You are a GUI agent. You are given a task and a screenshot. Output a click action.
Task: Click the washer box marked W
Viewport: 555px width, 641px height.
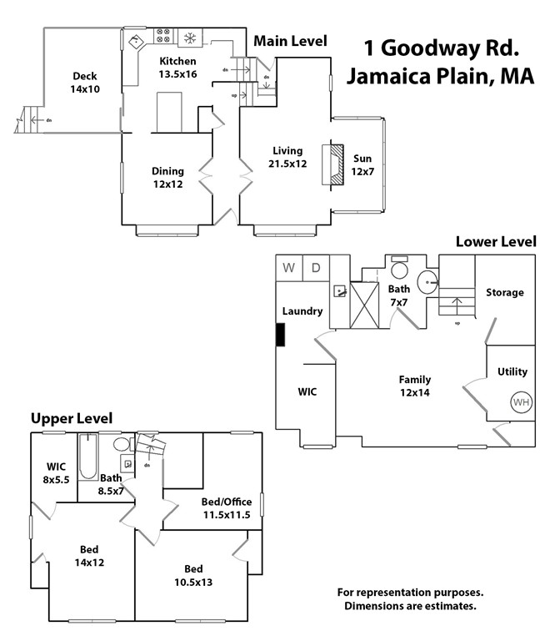coord(289,268)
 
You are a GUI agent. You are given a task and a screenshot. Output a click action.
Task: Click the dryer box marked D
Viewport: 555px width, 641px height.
coord(316,268)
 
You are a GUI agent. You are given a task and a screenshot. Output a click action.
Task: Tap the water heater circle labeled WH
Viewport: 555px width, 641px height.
coord(522,402)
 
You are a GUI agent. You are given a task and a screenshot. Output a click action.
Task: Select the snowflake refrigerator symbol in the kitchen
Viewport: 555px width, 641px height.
coord(190,38)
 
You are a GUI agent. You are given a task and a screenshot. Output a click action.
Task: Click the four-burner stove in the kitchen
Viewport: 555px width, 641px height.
coord(163,36)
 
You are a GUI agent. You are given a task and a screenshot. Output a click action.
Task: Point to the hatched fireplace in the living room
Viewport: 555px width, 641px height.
coord(337,164)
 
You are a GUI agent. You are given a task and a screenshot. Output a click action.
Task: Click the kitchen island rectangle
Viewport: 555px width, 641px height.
coord(169,112)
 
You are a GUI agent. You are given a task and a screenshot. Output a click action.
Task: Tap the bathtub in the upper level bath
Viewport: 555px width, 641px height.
coord(88,457)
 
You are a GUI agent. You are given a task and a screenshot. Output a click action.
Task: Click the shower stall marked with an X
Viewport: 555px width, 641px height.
coord(364,305)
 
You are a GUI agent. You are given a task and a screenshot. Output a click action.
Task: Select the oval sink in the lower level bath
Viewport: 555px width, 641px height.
coord(427,281)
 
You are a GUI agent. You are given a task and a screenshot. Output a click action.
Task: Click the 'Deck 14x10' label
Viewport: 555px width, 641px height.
coord(85,83)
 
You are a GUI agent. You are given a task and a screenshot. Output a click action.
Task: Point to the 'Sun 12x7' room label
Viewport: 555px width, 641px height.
coord(362,164)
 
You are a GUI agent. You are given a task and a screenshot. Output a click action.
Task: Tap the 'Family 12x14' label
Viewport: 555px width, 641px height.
coord(415,386)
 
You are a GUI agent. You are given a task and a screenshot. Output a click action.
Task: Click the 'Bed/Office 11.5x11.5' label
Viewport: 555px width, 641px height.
coord(227,508)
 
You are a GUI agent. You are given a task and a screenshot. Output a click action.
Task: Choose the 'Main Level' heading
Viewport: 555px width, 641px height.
coord(290,41)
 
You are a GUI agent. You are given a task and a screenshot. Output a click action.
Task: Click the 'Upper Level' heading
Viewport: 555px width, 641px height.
coord(72,419)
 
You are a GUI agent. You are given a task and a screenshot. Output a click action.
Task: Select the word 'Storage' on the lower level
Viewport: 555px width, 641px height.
coord(505,292)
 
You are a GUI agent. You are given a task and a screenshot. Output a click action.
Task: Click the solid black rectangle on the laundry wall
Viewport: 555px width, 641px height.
coord(280,335)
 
